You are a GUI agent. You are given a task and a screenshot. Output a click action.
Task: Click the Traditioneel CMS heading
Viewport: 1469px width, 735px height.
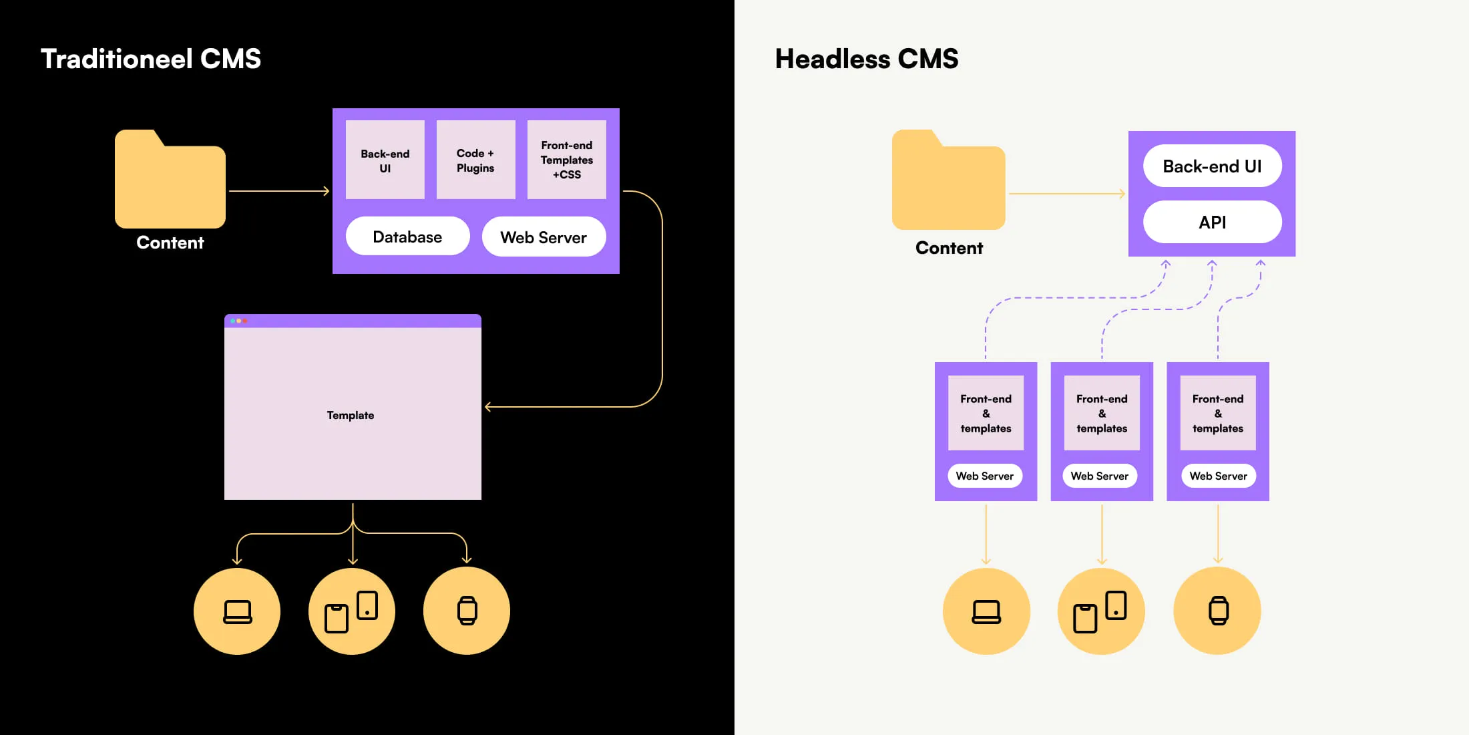(151, 59)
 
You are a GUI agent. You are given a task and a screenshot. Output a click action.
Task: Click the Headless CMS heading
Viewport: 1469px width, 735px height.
(866, 59)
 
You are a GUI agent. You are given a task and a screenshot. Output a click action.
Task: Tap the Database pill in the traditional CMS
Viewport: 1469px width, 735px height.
(407, 237)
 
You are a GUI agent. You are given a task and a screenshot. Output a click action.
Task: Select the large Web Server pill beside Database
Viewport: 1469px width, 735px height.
(544, 237)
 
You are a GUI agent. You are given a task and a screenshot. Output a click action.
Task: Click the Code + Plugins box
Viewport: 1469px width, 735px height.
(475, 160)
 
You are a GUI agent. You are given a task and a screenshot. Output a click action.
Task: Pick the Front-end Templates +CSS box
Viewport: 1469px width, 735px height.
(566, 160)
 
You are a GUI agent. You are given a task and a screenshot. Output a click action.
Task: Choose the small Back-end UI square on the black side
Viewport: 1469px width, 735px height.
(385, 160)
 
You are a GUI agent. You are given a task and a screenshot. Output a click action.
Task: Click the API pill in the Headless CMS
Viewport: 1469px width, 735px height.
(1212, 222)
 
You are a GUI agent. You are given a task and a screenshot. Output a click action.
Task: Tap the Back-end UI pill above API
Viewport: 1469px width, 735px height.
(1212, 166)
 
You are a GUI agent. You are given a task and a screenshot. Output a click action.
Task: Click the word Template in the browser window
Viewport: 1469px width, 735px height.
(351, 415)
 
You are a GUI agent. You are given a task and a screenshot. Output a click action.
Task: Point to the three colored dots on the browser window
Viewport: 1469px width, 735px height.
(238, 321)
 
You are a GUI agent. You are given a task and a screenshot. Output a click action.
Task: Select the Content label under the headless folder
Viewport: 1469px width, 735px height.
(949, 248)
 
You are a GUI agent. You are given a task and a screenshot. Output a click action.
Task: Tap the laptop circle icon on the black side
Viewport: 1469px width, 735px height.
(237, 611)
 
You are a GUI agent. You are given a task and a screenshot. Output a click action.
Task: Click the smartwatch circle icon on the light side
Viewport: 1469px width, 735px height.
(1217, 611)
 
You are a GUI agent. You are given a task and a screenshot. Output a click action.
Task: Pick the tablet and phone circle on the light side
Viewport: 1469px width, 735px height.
(1101, 611)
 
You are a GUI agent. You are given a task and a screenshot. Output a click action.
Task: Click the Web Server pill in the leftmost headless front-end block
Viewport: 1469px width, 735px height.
(985, 476)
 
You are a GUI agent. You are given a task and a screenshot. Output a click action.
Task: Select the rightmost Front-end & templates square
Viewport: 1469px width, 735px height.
(1218, 413)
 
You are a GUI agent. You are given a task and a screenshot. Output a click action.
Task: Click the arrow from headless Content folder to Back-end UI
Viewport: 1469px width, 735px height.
(1066, 194)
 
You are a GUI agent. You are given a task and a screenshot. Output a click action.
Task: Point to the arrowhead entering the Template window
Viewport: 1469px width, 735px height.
(489, 406)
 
